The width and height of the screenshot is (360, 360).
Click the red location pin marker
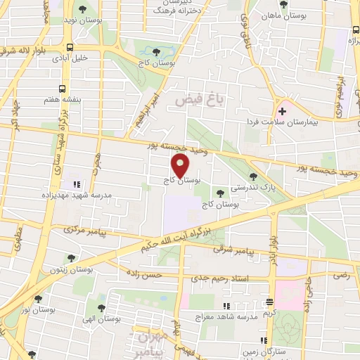[181, 166]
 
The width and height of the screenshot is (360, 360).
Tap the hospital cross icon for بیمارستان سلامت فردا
[283, 111]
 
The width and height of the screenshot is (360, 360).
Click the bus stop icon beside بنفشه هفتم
[62, 89]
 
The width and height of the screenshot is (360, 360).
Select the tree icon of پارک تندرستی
[253, 177]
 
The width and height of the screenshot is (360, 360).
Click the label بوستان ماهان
[281, 15]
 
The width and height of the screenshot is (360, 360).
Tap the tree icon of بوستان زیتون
[70, 258]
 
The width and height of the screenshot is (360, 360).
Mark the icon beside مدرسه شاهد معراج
[226, 305]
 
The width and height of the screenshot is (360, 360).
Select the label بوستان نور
[39, 309]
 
